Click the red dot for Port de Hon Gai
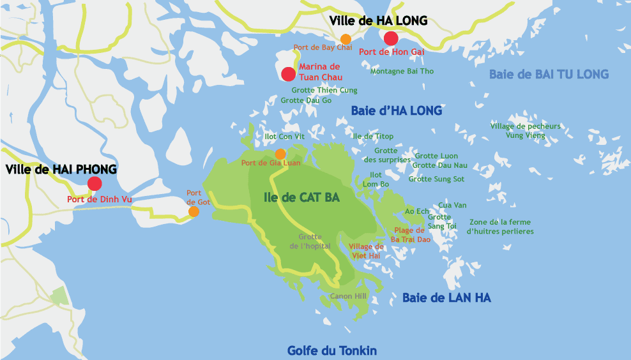click(x=391, y=38)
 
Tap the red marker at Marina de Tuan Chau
click(x=288, y=73)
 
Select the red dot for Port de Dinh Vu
click(x=95, y=184)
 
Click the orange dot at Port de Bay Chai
click(x=346, y=39)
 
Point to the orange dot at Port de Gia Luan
click(x=280, y=154)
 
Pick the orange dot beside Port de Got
click(x=194, y=211)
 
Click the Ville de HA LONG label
click(x=378, y=21)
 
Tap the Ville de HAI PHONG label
click(x=61, y=169)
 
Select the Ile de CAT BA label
click(x=301, y=197)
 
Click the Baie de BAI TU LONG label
click(x=549, y=74)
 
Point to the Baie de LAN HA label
click(x=446, y=297)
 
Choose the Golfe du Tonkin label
click(x=331, y=350)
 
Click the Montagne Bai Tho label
click(x=402, y=71)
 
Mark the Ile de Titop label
click(x=373, y=137)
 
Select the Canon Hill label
click(x=347, y=296)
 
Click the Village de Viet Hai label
click(x=366, y=251)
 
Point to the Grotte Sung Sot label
click(x=436, y=179)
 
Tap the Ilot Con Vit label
click(x=284, y=137)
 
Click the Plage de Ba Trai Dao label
click(x=411, y=235)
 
